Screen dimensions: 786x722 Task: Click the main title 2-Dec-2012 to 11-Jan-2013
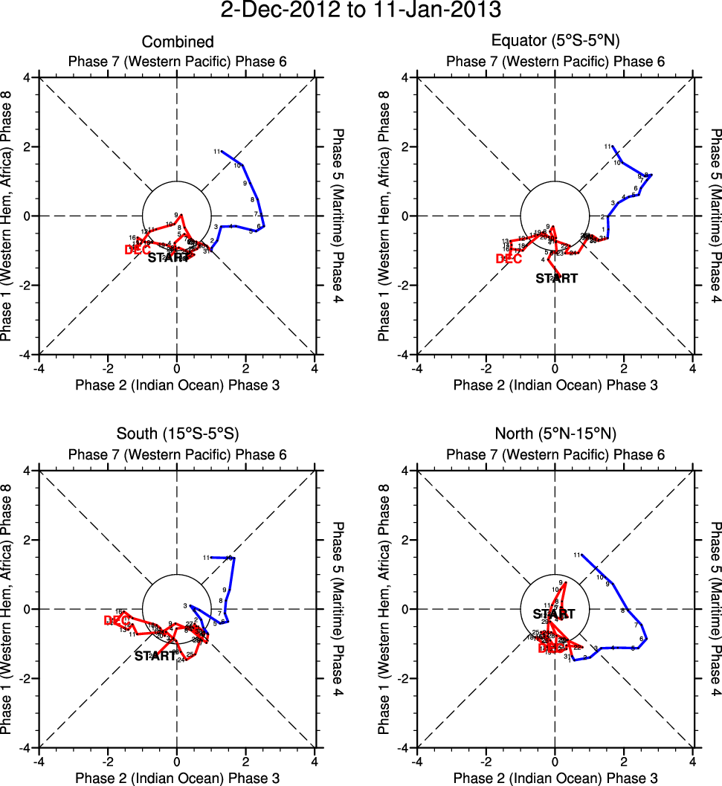pos(361,11)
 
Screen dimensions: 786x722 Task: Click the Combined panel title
pos(177,42)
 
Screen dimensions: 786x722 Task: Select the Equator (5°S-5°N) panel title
pos(555,42)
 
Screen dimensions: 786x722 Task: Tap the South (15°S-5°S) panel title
pos(177,434)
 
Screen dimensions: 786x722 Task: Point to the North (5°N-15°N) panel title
pos(555,434)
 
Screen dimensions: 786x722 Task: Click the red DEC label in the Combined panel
pos(137,250)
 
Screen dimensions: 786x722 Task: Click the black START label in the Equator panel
pos(555,279)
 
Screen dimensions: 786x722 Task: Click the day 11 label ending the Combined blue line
pos(217,152)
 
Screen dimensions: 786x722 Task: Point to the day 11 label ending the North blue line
pos(576,555)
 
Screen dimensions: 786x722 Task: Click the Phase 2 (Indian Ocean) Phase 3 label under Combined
pos(177,385)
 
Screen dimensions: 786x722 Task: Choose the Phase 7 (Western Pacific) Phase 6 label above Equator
pos(555,61)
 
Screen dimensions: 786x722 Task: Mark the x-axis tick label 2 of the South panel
pos(246,761)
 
